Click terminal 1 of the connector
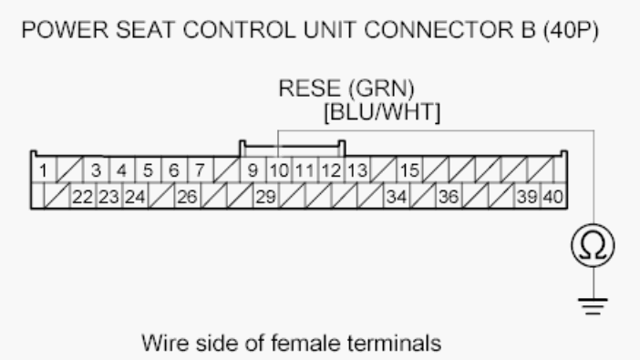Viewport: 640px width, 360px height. pos(42,170)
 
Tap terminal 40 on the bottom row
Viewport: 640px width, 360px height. pos(553,195)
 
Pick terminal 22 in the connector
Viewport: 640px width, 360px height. pos(84,195)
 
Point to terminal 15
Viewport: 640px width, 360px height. pos(409,170)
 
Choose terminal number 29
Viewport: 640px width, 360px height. pos(264,195)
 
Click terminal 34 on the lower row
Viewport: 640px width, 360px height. pos(396,195)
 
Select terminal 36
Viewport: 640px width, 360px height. pos(449,195)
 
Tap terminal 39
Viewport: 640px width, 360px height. pos(527,195)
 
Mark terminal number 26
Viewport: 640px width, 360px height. pos(187,195)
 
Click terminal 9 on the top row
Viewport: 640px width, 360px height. pos(253,170)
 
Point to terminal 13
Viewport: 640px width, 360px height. pos(356,170)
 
